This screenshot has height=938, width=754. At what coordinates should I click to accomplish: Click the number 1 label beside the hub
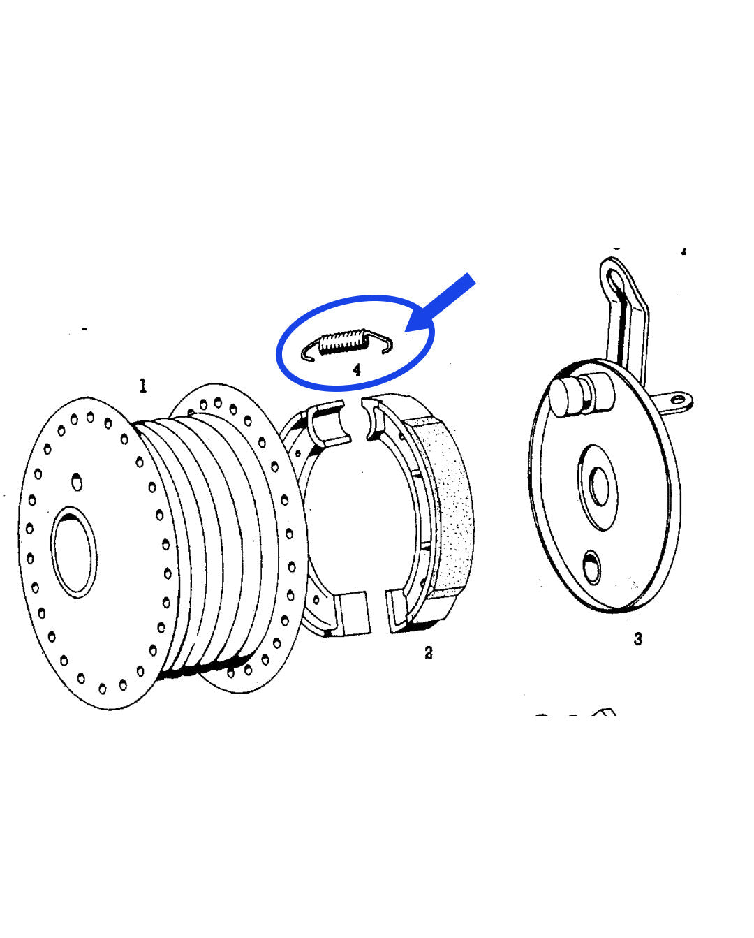(143, 386)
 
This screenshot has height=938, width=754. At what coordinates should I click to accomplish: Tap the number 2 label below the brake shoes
(428, 652)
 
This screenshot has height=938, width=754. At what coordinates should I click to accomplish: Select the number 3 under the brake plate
(637, 638)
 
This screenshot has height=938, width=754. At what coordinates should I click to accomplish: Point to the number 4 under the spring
(357, 369)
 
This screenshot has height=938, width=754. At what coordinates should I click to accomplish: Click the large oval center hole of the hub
(74, 552)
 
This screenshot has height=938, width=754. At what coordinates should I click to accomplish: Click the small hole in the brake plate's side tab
(677, 400)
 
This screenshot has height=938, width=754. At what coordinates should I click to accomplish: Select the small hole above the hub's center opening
(75, 481)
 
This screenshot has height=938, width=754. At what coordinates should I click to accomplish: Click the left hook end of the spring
(307, 353)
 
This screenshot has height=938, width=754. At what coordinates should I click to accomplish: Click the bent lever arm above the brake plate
(628, 321)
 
